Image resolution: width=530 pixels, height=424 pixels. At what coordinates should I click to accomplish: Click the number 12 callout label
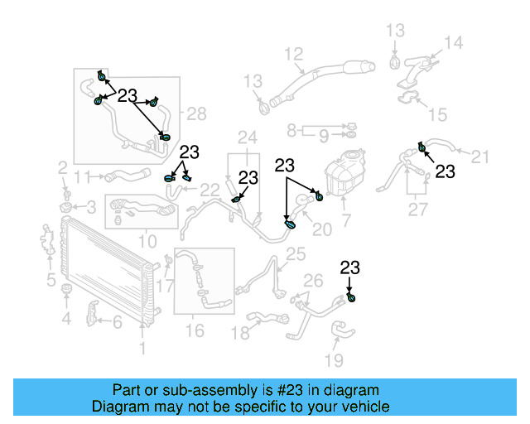(x=294, y=55)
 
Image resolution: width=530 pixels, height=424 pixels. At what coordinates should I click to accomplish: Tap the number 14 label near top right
(x=453, y=42)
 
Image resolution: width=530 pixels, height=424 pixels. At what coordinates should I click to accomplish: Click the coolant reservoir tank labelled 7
(x=347, y=176)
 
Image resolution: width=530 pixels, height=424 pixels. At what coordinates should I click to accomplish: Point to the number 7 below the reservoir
(x=346, y=221)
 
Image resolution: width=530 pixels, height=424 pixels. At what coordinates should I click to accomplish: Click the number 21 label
(x=481, y=155)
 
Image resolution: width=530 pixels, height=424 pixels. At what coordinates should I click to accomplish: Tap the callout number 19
(x=334, y=360)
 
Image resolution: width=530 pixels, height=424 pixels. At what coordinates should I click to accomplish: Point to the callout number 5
(x=51, y=279)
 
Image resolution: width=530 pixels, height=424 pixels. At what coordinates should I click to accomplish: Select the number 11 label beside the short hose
(x=81, y=176)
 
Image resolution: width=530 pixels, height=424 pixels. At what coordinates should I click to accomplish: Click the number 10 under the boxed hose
(x=147, y=242)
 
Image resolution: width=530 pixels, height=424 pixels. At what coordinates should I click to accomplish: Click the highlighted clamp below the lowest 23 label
(x=352, y=298)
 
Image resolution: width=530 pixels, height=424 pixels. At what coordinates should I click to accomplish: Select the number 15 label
(x=437, y=114)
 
